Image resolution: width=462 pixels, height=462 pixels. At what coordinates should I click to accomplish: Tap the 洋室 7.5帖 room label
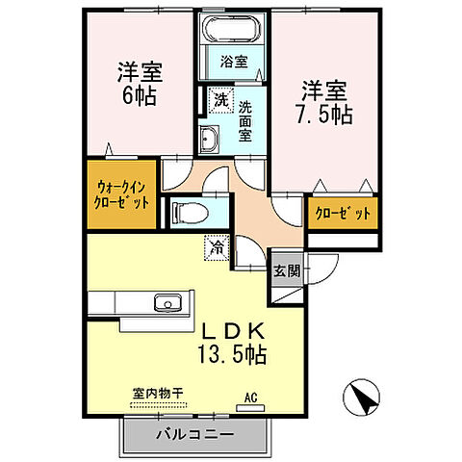pos(321,100)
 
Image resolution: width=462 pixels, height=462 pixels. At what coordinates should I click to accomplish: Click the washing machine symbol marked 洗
pos(219,99)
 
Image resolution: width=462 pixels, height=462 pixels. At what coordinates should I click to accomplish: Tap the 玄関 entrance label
pos(285,270)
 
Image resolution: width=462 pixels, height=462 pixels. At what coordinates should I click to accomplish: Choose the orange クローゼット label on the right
pos(341,214)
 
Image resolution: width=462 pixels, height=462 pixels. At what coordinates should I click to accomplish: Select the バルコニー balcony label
pos(193,435)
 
